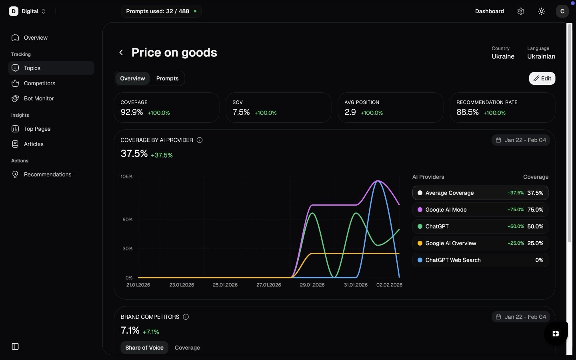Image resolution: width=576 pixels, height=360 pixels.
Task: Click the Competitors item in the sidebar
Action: [x=39, y=83]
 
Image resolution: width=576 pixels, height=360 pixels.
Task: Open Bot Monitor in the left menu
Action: [x=38, y=98]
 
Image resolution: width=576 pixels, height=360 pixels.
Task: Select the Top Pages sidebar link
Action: [x=37, y=129]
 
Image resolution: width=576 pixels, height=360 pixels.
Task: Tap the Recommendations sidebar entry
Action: [x=47, y=174]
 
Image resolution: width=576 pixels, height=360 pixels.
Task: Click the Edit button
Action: [x=542, y=78]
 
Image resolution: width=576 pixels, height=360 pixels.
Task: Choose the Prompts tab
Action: [x=167, y=78]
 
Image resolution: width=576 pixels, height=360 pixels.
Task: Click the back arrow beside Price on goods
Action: [x=121, y=52]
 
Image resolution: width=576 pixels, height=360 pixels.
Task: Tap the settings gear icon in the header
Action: [x=520, y=11]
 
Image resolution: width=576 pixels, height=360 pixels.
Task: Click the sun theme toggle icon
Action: [x=542, y=11]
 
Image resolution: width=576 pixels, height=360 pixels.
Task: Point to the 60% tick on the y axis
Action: [x=127, y=220]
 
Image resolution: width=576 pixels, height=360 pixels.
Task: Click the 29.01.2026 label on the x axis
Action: [x=312, y=285]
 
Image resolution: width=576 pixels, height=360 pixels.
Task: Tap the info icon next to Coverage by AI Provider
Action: [x=200, y=140]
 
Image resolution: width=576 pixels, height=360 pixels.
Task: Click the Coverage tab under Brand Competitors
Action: [x=187, y=348]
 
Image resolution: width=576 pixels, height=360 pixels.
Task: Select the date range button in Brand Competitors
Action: [x=521, y=317]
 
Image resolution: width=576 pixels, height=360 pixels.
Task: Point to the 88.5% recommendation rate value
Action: [x=468, y=112]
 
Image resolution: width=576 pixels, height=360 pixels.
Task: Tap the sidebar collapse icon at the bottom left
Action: [x=15, y=346]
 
